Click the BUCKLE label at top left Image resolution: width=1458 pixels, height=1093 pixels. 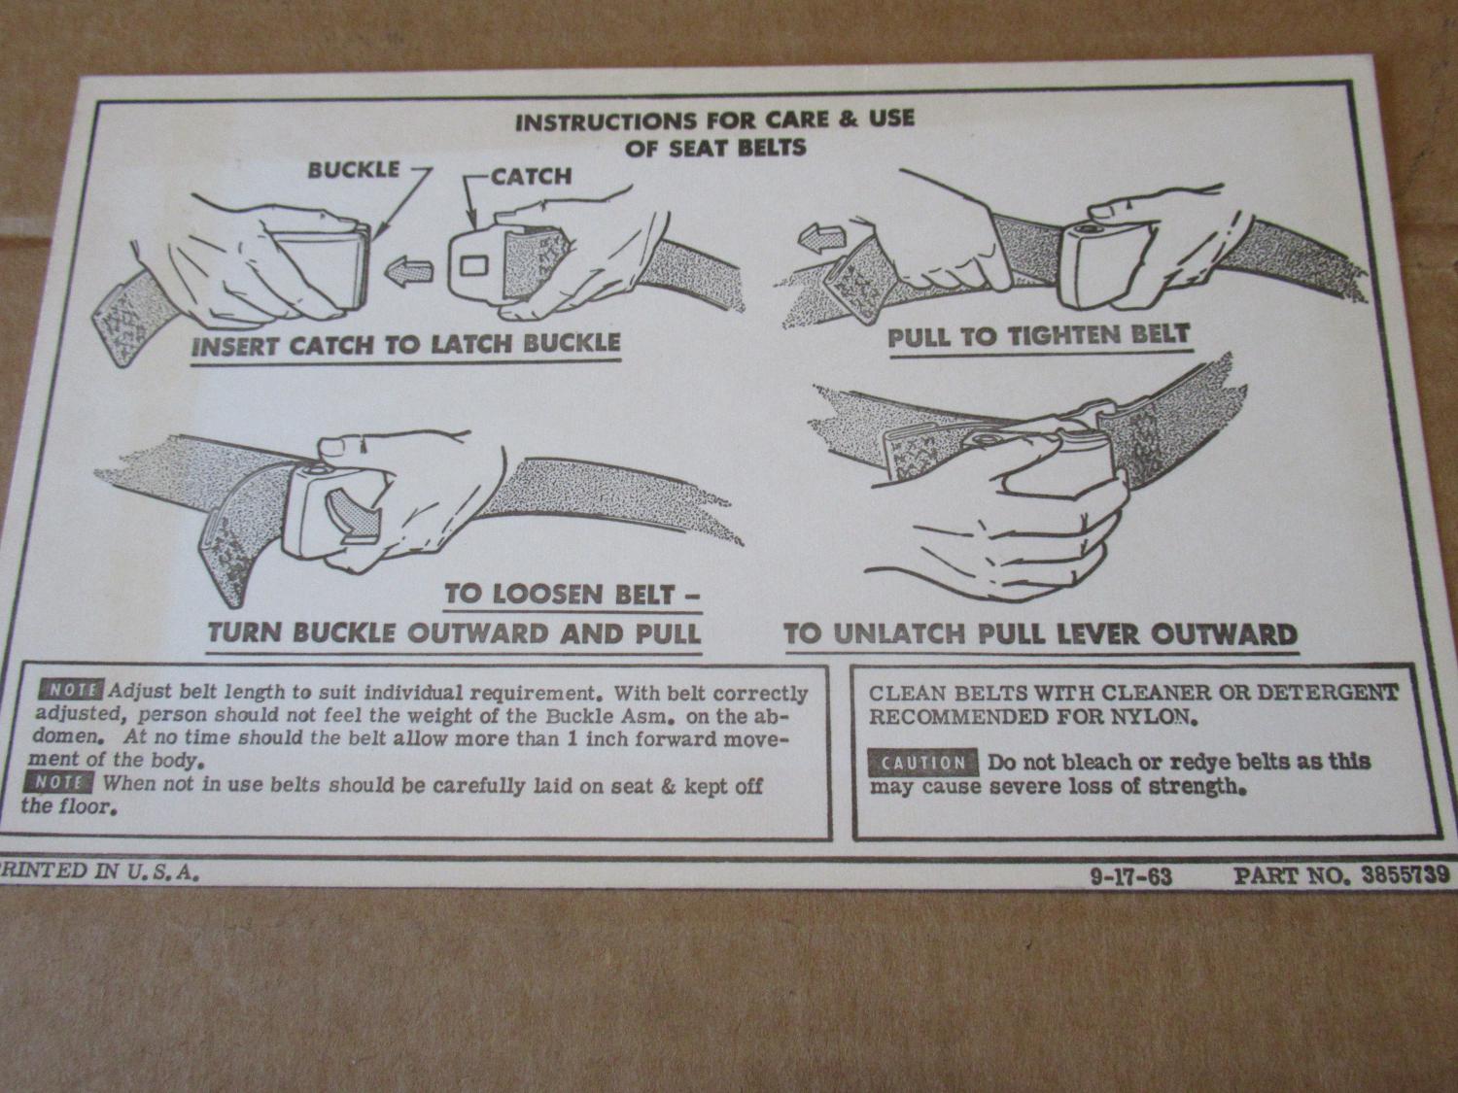(x=354, y=170)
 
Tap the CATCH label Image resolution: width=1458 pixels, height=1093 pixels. (x=531, y=177)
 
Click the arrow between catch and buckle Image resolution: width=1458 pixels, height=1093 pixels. (x=409, y=270)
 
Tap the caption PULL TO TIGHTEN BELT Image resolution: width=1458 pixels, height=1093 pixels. (x=1038, y=337)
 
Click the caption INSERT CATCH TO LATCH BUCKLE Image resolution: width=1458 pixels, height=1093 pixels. (x=405, y=345)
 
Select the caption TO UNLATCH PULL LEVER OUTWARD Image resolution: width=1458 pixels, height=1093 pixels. (x=1041, y=635)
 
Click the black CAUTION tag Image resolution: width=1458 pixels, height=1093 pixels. (x=922, y=764)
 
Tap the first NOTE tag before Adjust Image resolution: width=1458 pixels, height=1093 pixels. (x=71, y=690)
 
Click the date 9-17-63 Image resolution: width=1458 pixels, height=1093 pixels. (x=1130, y=877)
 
